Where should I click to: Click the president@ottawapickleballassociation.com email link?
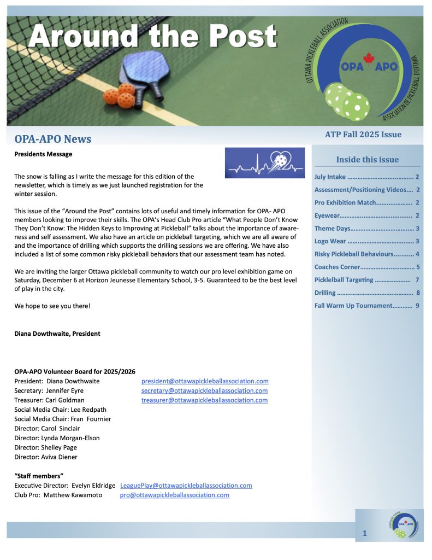[x=205, y=381]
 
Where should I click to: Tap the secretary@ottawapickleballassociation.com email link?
[x=204, y=390]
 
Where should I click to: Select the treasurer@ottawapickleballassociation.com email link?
[x=204, y=400]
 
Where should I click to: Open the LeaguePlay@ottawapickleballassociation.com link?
[x=186, y=485]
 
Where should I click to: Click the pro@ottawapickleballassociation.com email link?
[x=174, y=495]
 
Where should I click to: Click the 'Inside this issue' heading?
[x=367, y=160]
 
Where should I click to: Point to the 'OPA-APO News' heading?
[x=53, y=139]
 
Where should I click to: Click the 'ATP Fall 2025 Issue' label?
[x=363, y=135]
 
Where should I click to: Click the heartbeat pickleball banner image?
[x=265, y=162]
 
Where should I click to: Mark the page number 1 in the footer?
[x=364, y=533]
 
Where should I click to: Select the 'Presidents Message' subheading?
[x=43, y=154]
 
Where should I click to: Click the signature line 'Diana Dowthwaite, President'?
[x=57, y=334]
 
